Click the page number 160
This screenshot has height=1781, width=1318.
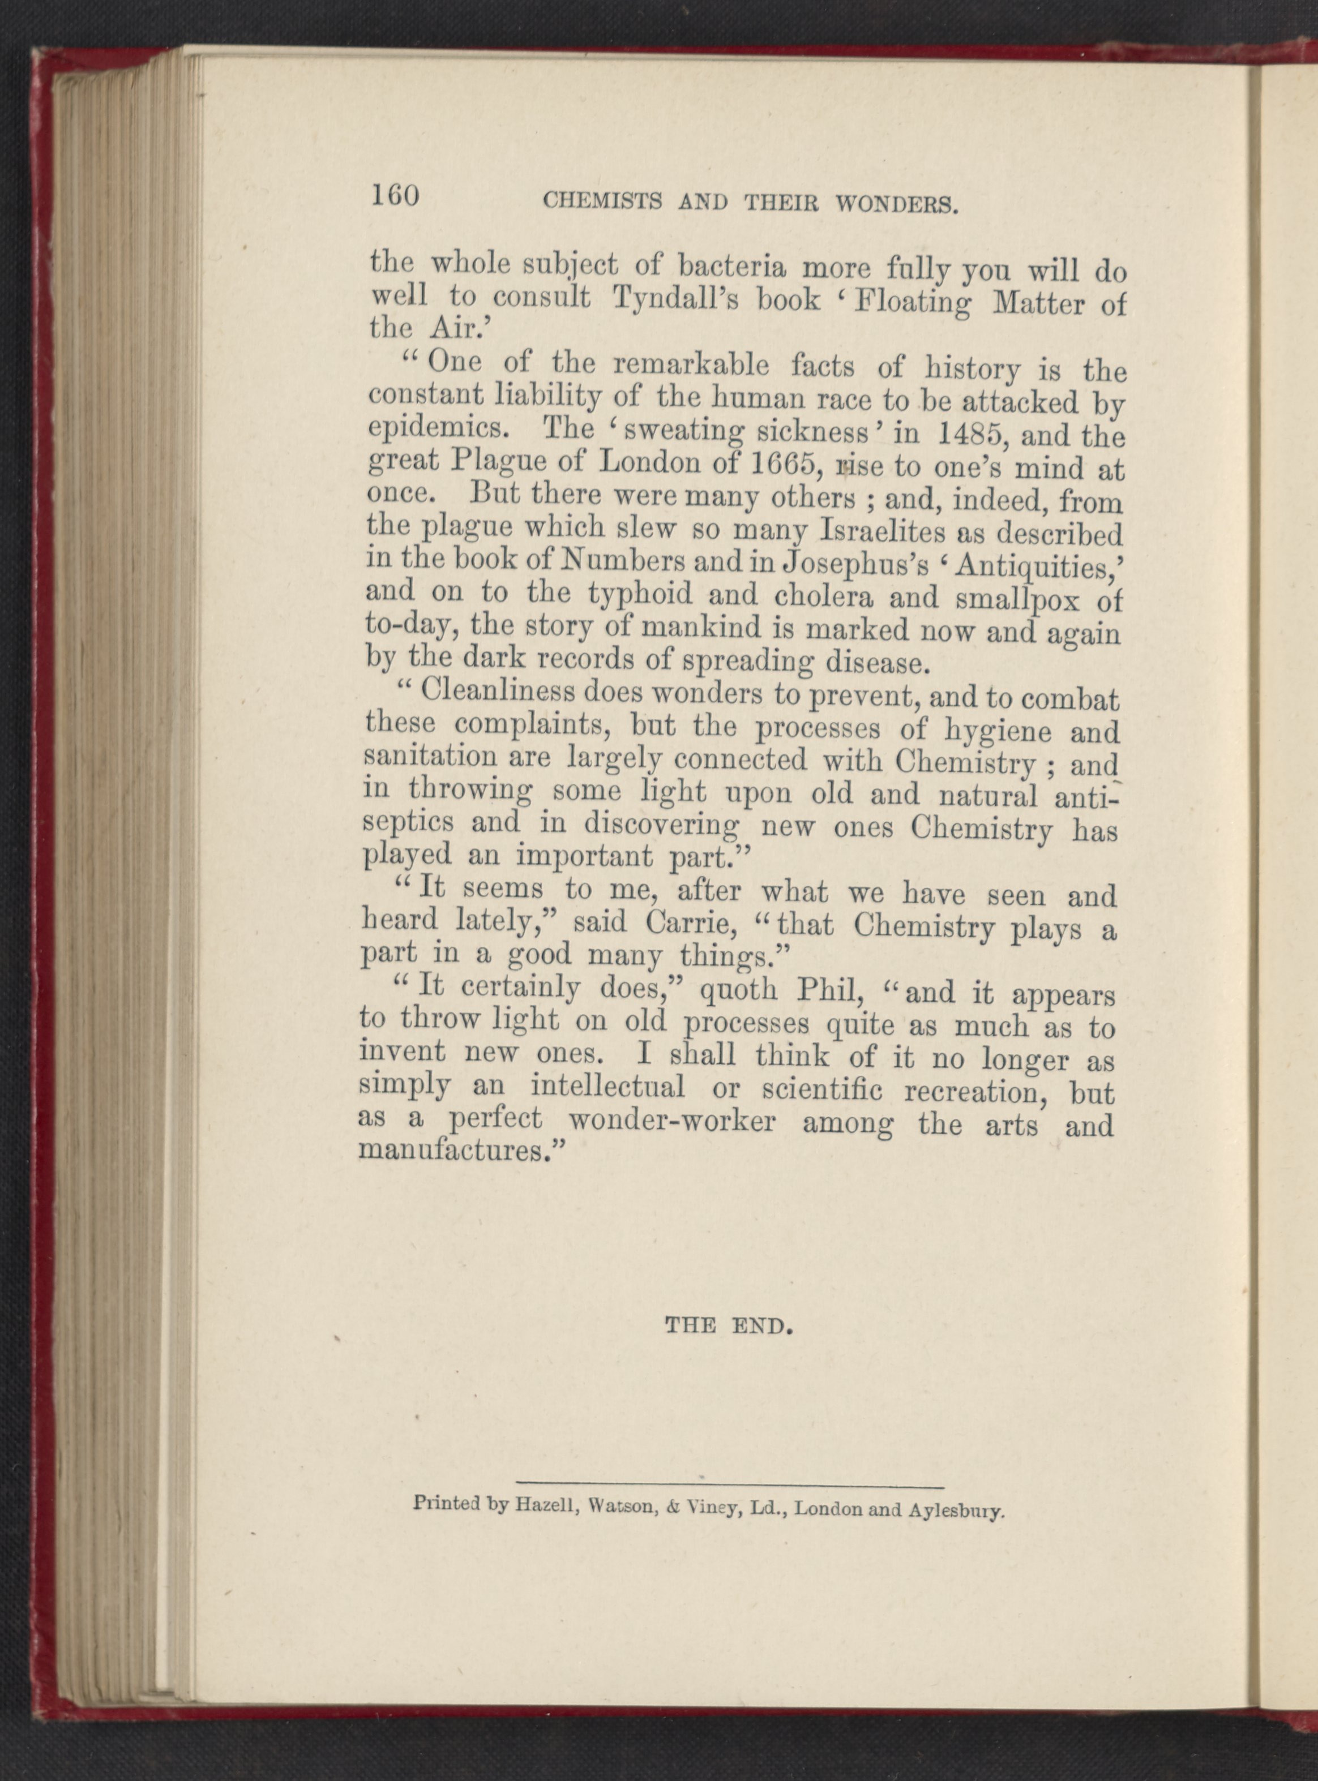coord(395,195)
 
